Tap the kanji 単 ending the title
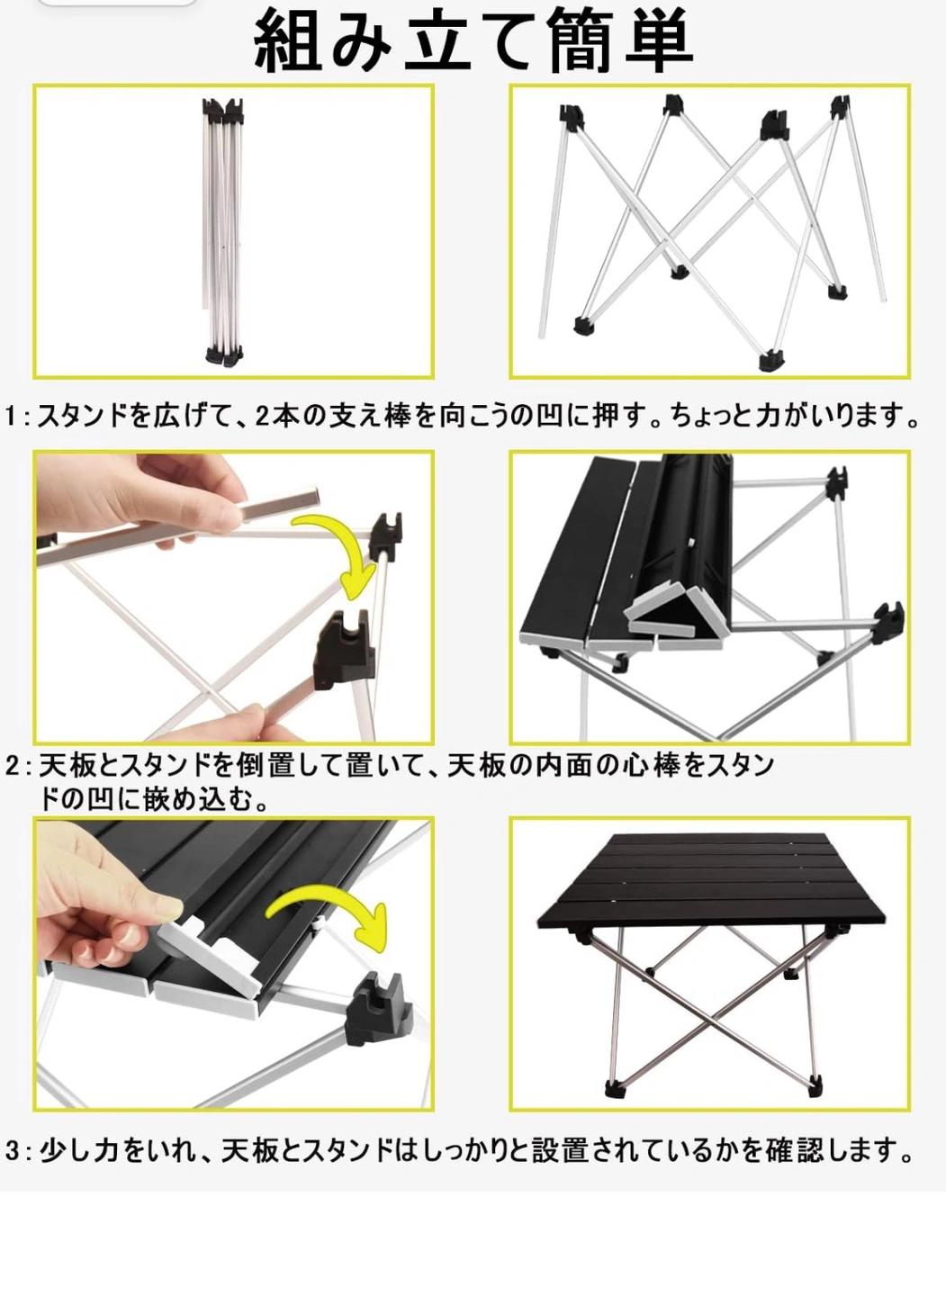point(659,40)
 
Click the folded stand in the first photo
point(224,231)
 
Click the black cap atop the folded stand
point(222,109)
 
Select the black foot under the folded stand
point(224,355)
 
